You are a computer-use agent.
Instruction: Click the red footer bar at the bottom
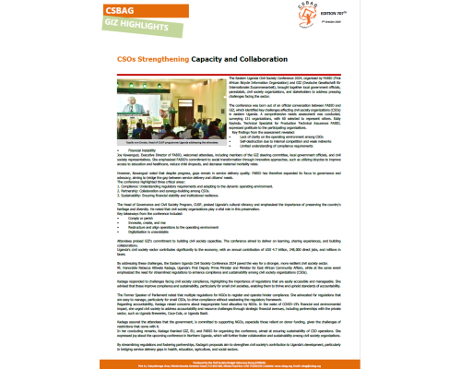pos(230,361)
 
